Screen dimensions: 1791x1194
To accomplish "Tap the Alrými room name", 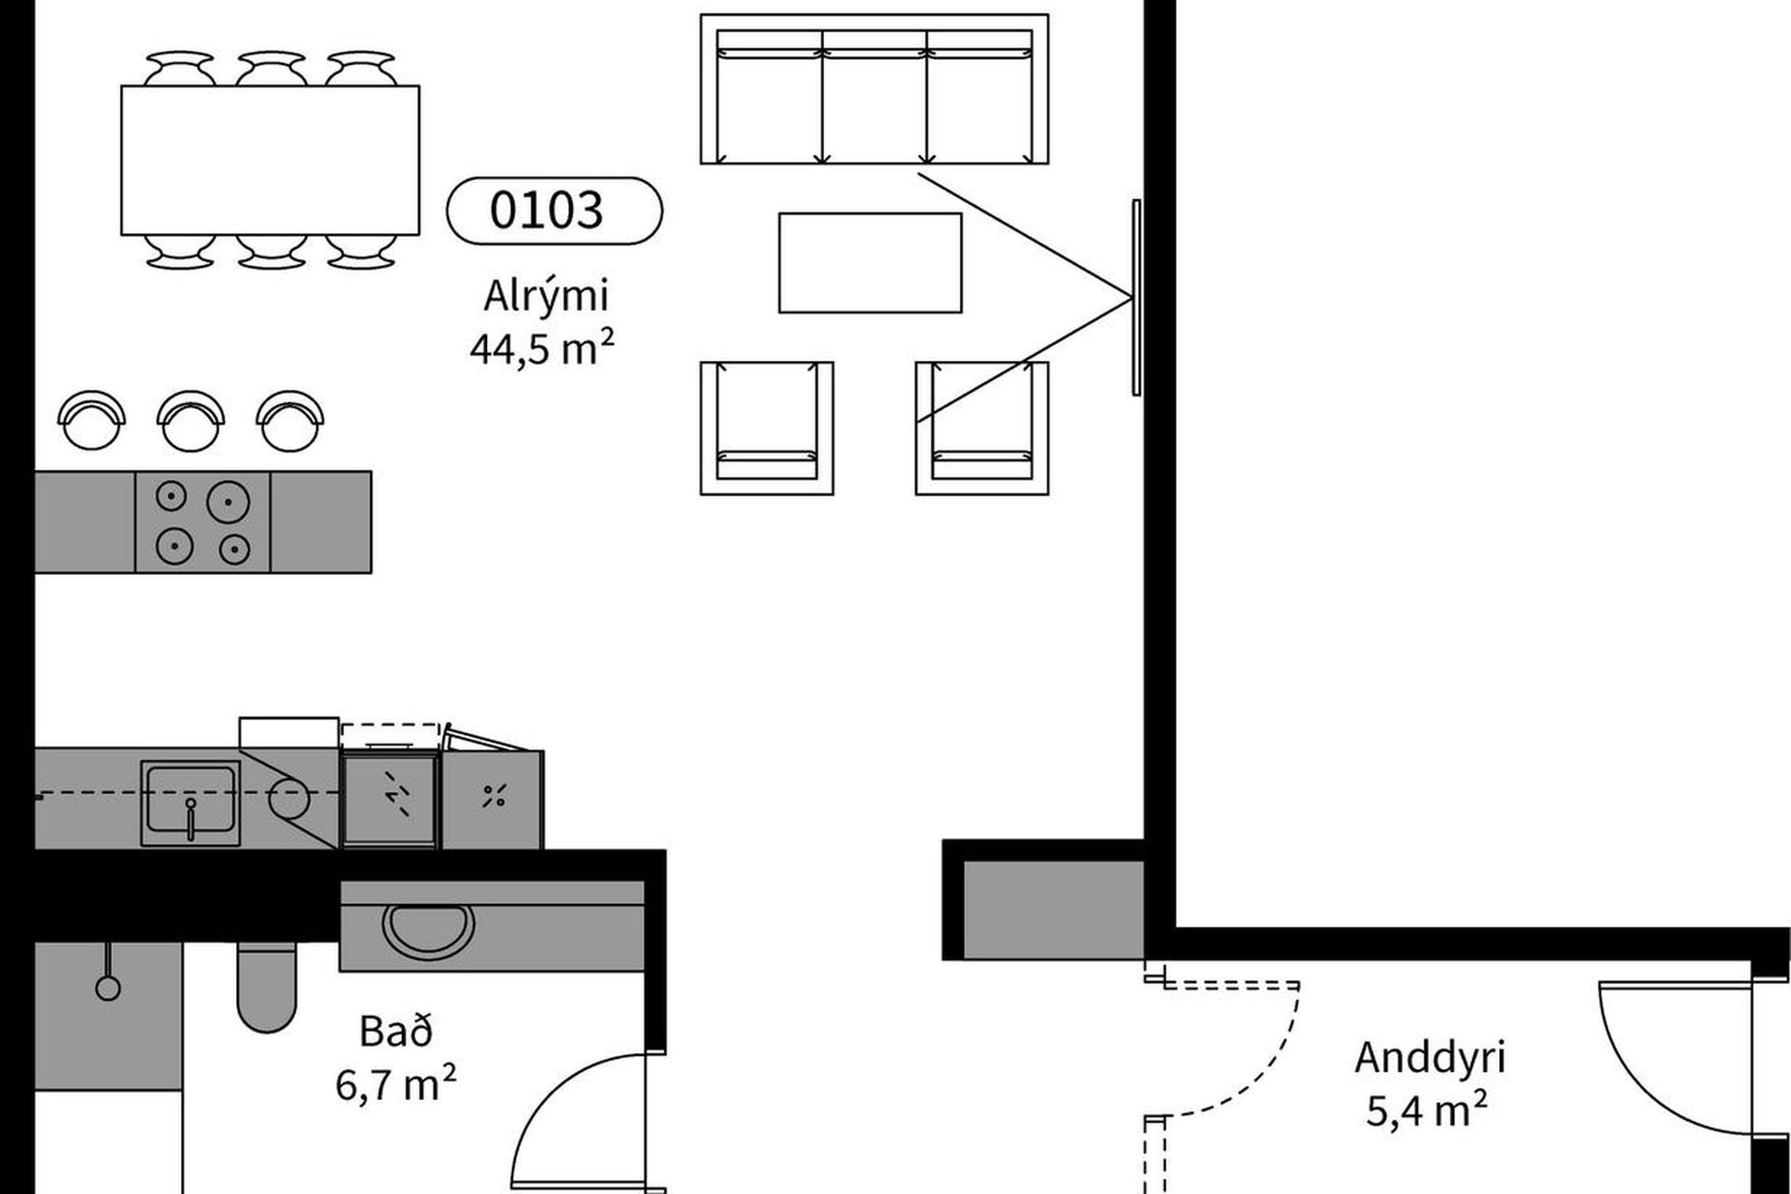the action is pos(546,297).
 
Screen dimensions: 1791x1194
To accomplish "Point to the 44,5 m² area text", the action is pos(542,349).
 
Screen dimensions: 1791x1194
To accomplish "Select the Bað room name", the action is pos(396,1032).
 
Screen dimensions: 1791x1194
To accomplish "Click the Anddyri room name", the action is pos(1430,1058).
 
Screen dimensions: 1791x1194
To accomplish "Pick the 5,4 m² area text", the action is pos(1427,1110).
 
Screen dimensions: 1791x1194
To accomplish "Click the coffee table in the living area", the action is pos(870,262).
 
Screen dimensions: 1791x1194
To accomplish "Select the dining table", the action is pos(271,160).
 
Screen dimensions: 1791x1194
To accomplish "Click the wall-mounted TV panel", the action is pos(1136,297).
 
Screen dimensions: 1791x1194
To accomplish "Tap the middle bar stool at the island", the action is pos(191,420).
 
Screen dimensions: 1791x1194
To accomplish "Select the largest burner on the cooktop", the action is pos(228,502).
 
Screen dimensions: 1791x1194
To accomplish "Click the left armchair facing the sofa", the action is pos(767,428).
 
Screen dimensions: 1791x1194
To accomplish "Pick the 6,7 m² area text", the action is pos(396,1085).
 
